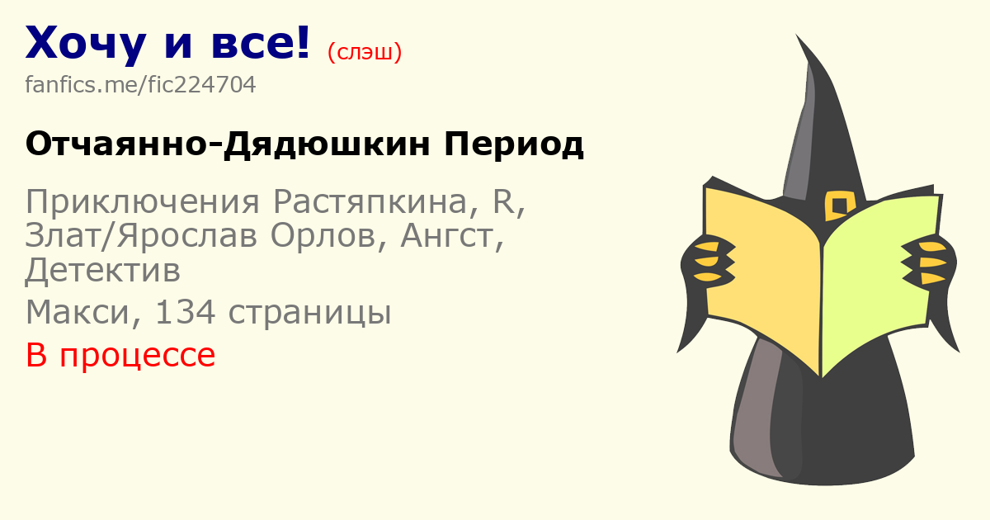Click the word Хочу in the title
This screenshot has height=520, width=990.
86,45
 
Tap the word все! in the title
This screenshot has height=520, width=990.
261,43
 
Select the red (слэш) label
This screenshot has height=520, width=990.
365,52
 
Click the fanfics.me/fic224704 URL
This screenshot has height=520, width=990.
140,84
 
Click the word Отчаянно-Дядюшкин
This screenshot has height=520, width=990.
228,144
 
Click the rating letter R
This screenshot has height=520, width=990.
504,201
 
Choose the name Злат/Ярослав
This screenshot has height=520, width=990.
141,237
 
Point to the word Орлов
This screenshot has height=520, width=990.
323,236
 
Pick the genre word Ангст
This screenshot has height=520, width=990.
447,237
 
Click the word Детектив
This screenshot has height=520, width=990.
103,271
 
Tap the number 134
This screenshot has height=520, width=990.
186,312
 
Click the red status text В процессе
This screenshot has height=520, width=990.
120,356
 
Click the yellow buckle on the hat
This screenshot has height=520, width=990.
840,206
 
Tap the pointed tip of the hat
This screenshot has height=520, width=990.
797,35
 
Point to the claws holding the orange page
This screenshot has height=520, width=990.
711,261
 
